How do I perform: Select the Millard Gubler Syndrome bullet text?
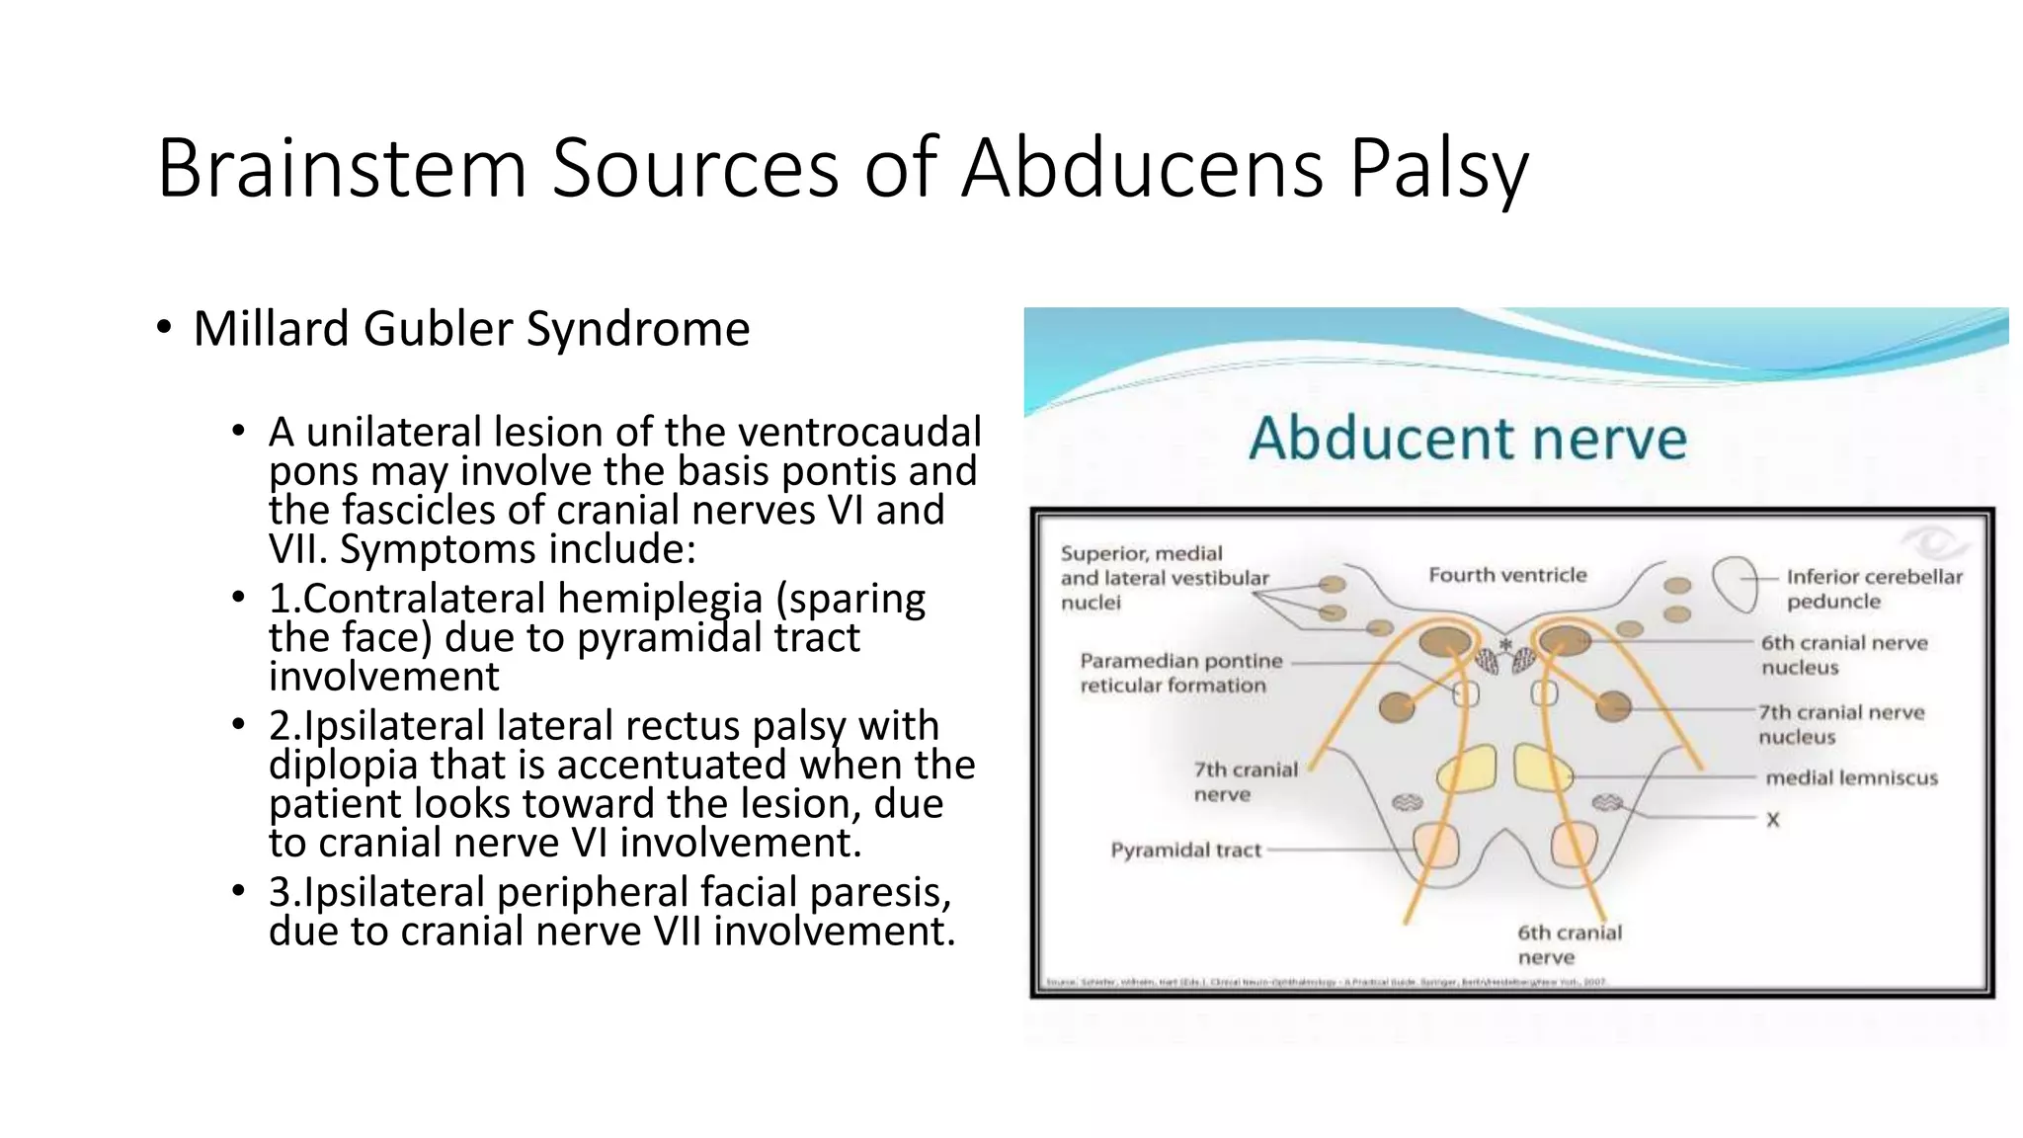pos(471,329)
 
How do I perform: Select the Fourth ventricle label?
pos(1507,575)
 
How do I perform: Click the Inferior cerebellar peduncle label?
pos(1874,589)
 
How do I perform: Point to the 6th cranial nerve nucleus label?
pos(1843,655)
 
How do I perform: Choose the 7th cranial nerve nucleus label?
pos(1841,724)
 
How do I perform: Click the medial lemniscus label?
pos(1851,778)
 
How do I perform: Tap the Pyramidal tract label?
pos(1185,850)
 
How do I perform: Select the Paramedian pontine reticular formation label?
pos(1180,673)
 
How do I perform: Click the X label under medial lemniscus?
pos(1773,819)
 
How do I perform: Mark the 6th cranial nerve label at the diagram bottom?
pos(1569,944)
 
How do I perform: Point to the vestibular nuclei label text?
pos(1164,578)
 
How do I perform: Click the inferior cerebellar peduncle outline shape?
pos(1734,584)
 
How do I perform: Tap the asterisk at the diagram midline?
pos(1506,645)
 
